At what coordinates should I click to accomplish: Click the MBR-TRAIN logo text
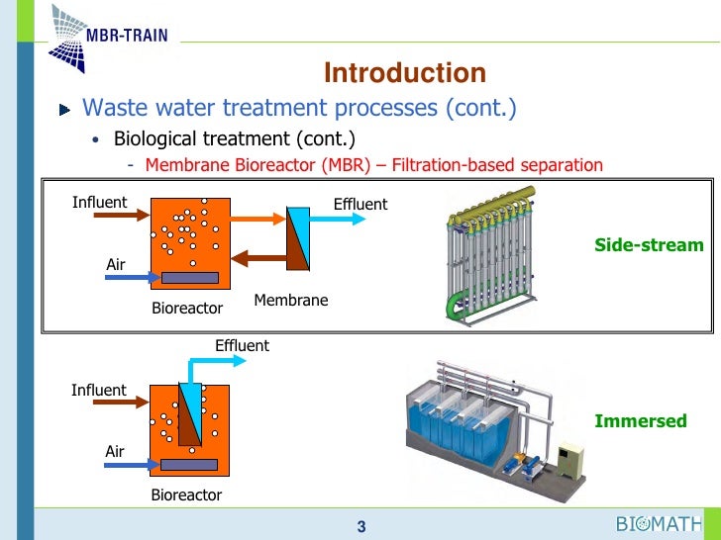[x=125, y=36]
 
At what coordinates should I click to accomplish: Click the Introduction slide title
[x=405, y=73]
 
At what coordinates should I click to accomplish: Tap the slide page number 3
[x=361, y=527]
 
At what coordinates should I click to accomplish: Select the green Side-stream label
[x=649, y=244]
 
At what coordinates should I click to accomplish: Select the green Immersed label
[x=640, y=421]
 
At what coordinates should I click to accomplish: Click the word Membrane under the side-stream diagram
[x=290, y=300]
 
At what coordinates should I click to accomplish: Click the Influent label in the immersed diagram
[x=99, y=390]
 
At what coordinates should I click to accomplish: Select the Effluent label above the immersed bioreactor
[x=242, y=345]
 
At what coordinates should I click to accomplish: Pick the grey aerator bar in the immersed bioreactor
[x=189, y=464]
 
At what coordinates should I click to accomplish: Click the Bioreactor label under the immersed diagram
[x=186, y=495]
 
